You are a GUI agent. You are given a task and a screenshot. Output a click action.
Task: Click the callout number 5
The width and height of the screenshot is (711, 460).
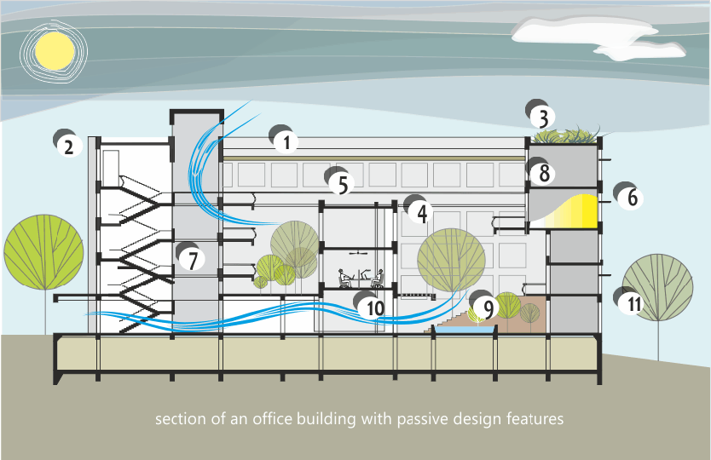(341, 184)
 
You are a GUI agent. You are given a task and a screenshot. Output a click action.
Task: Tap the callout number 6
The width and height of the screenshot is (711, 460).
(632, 198)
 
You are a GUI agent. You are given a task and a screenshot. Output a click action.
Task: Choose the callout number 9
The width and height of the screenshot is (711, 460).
(488, 308)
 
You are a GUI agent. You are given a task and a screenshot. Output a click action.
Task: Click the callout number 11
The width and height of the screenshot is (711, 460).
(631, 304)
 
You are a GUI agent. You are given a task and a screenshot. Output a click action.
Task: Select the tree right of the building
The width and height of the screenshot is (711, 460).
(658, 290)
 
